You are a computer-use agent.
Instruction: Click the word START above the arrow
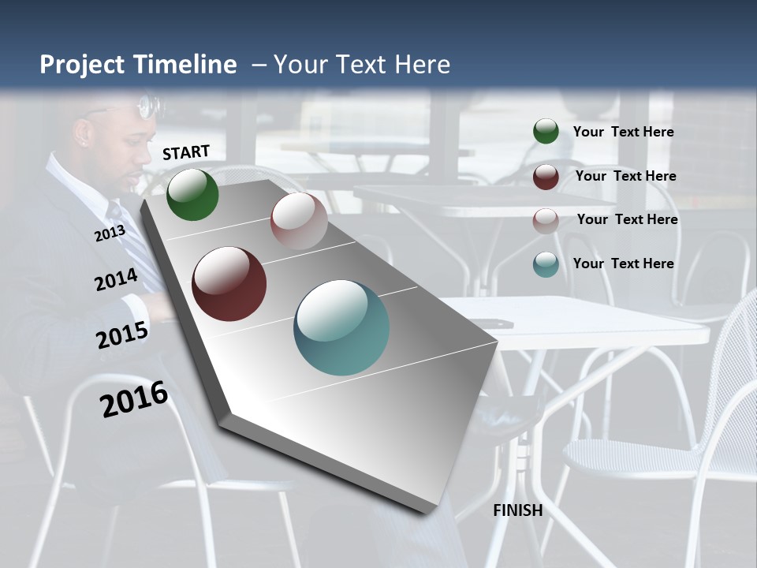[x=186, y=152]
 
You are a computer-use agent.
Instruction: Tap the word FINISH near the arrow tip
[x=517, y=510]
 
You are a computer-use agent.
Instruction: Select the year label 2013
[x=110, y=234]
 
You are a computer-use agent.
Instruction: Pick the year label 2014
[x=116, y=280]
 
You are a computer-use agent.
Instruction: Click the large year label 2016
[x=134, y=399]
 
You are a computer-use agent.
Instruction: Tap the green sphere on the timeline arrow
[x=192, y=195]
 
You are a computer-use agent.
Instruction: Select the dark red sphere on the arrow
[x=229, y=284]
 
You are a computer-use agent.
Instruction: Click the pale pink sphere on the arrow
[x=299, y=221]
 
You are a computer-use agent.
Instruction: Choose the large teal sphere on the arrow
[x=341, y=327]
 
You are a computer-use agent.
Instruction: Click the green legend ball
[x=546, y=131]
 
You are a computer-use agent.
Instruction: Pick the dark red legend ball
[x=546, y=177]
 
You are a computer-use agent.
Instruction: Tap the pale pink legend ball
[x=546, y=220]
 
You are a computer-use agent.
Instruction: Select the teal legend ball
[x=546, y=264]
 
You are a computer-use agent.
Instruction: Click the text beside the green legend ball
[x=623, y=132]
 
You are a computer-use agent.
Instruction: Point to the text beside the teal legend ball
[x=623, y=263]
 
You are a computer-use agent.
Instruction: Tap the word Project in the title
[x=79, y=65]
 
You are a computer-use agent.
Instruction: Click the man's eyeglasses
[x=148, y=106]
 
